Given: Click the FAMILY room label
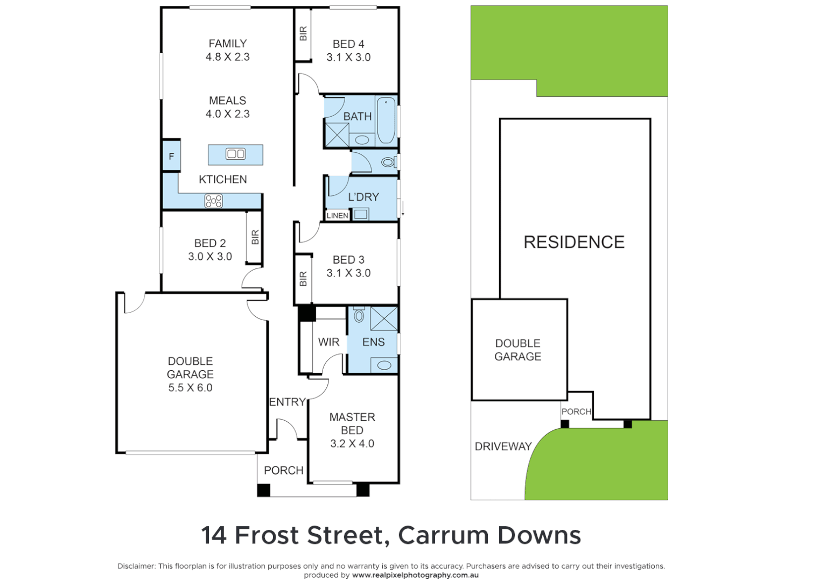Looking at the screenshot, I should pyautogui.click(x=227, y=44).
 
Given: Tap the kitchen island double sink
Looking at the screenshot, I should pyautogui.click(x=235, y=154).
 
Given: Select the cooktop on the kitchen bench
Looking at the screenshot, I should pyautogui.click(x=213, y=201).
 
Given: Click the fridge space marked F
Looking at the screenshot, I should pyautogui.click(x=171, y=157).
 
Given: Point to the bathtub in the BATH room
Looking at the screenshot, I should pyautogui.click(x=386, y=120).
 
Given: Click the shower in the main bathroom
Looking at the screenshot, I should pyautogui.click(x=337, y=134).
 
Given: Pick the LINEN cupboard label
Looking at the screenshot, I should pyautogui.click(x=338, y=215).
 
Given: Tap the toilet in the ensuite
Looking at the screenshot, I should pyautogui.click(x=359, y=315).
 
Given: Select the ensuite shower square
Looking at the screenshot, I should pyautogui.click(x=384, y=318).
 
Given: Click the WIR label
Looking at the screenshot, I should pyautogui.click(x=328, y=342).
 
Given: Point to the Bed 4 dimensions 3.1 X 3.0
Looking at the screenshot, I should pyautogui.click(x=348, y=58).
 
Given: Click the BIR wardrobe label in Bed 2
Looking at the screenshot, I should pyautogui.click(x=255, y=237).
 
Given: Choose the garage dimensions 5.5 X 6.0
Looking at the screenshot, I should pyautogui.click(x=190, y=388).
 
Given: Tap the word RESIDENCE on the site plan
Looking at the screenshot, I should pyautogui.click(x=574, y=242).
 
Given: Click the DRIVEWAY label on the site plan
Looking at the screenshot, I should pyautogui.click(x=503, y=447).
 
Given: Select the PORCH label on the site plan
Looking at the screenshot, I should pyautogui.click(x=576, y=412).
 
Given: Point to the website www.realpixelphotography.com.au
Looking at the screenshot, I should pyautogui.click(x=415, y=575).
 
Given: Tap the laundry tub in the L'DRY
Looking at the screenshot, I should pyautogui.click(x=361, y=215).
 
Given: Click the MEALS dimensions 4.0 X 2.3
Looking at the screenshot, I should pyautogui.click(x=227, y=114).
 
